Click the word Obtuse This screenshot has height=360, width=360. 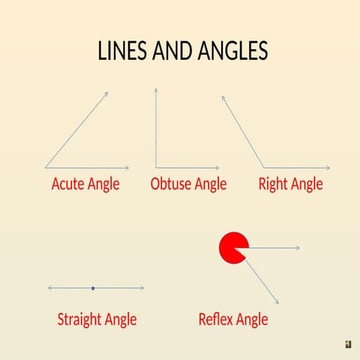coord(170,184)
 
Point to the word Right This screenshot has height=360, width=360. coord(273,184)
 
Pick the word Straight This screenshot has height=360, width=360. coord(80,319)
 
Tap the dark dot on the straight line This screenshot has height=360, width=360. coord(92,288)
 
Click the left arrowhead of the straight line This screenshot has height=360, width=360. coord(49,288)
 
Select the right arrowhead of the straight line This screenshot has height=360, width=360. coord(141,288)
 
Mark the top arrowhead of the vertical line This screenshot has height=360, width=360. coord(156,90)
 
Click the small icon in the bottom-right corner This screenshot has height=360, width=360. coord(348,343)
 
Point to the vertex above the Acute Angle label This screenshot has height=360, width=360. coord(46,167)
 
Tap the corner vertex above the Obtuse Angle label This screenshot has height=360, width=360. coord(156,167)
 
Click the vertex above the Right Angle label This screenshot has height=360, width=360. coord(263,167)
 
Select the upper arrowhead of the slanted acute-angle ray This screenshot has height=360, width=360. coord(106,94)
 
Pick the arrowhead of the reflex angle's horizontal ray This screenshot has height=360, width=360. coord(298,247)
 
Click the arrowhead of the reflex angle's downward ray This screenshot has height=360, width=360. coord(277,301)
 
